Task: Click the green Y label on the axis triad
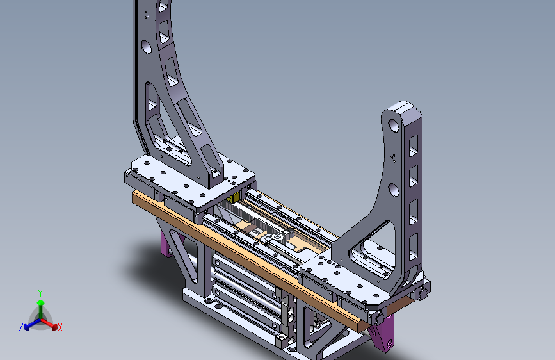click(40, 293)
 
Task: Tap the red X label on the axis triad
click(60, 327)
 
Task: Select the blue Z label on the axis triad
click(21, 327)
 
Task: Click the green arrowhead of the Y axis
click(41, 302)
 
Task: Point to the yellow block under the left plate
click(232, 199)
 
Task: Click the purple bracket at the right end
click(382, 333)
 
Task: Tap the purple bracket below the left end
click(166, 245)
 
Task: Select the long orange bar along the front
click(248, 261)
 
